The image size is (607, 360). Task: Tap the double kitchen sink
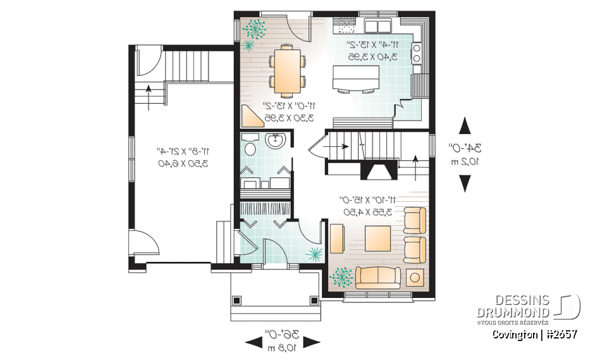click(x=378, y=26)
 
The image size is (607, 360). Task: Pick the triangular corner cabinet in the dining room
click(x=251, y=116)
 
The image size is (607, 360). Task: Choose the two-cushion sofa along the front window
click(x=377, y=276)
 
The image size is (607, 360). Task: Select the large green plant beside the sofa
click(x=341, y=276)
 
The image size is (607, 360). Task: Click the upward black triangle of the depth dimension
click(x=465, y=125)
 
